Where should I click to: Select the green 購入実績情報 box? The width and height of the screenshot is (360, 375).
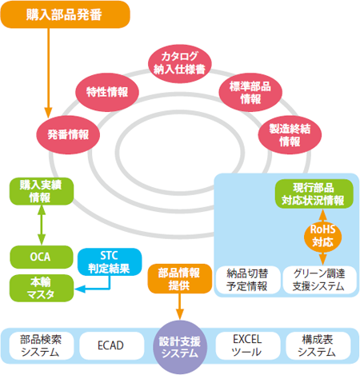click(x=38, y=191)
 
